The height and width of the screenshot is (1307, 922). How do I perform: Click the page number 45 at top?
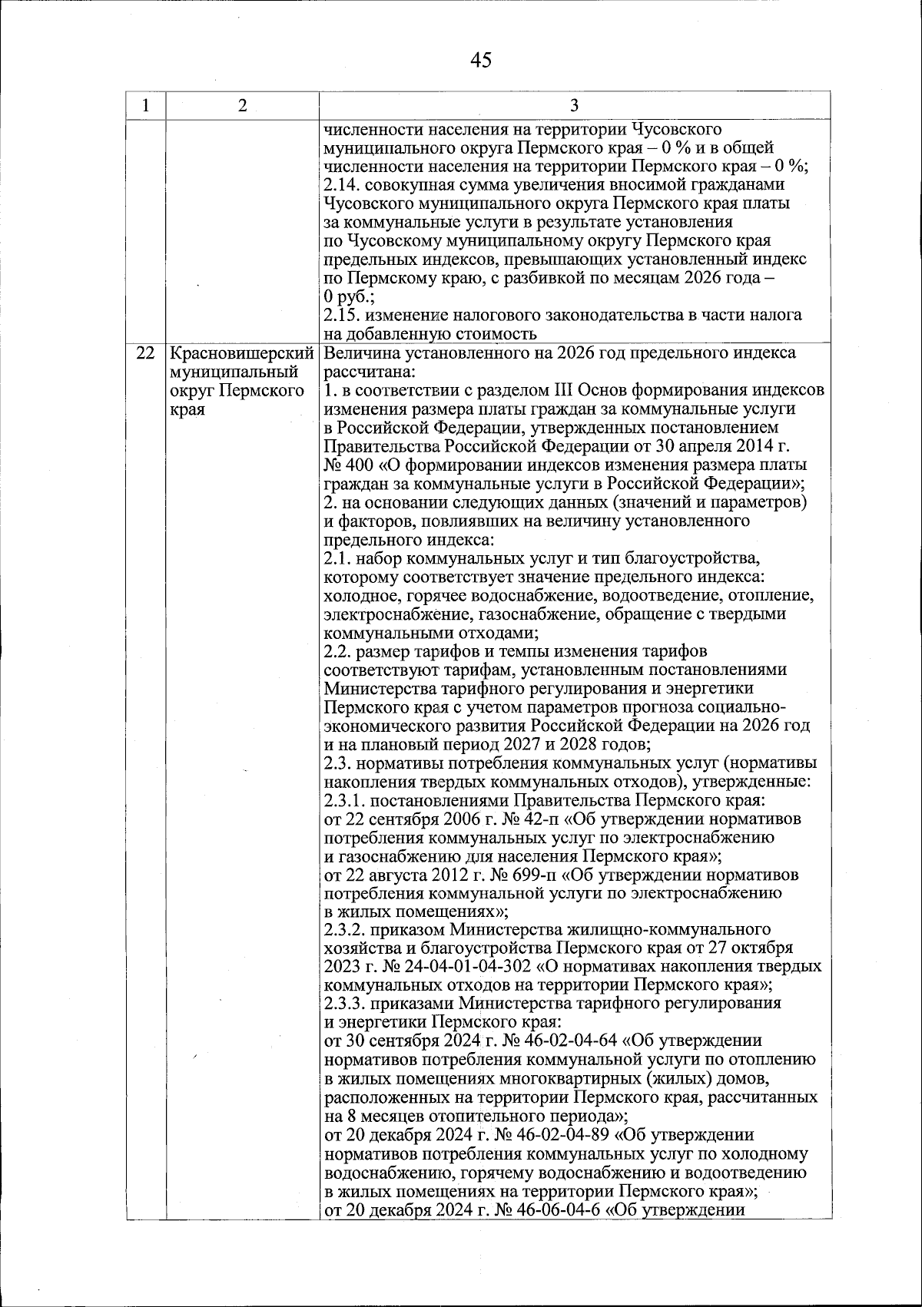tap(481, 60)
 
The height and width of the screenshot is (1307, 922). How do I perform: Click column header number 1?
tap(145, 106)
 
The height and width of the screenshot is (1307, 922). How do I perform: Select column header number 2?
tap(242, 106)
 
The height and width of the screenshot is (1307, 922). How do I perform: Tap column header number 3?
tap(574, 106)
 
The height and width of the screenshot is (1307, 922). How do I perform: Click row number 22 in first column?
tap(144, 354)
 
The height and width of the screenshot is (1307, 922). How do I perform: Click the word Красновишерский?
tap(242, 354)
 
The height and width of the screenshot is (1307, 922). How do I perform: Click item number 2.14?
tap(340, 184)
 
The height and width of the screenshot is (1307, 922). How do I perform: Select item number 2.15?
tap(340, 315)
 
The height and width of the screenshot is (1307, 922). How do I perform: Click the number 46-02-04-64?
tap(566, 1041)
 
